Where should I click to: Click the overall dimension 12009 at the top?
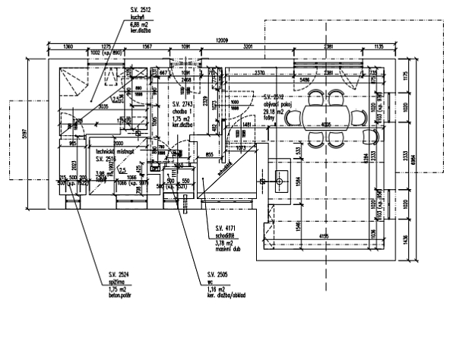(x=221, y=39)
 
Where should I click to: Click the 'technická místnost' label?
(x=116, y=152)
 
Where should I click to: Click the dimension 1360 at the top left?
(x=68, y=47)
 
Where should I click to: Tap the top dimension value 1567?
(x=146, y=47)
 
